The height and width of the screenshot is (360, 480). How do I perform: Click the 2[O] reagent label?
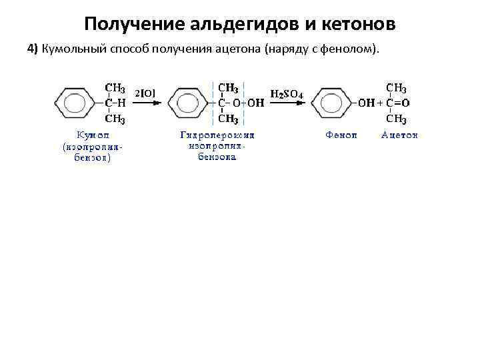pos(145,93)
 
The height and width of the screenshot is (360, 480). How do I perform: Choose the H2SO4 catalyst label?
pos(287,94)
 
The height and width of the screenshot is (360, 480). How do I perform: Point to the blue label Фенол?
pos(341,135)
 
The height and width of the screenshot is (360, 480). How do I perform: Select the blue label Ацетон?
pos(399,135)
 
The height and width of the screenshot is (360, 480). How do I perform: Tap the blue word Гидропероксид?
pos(217,135)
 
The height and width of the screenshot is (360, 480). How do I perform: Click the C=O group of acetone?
pos(398,103)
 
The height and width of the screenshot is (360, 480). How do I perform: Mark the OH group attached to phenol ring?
pos(367,103)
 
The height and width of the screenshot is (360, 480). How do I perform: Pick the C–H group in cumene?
pos(116,103)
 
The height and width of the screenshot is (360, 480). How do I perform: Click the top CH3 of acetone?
pos(397,88)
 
